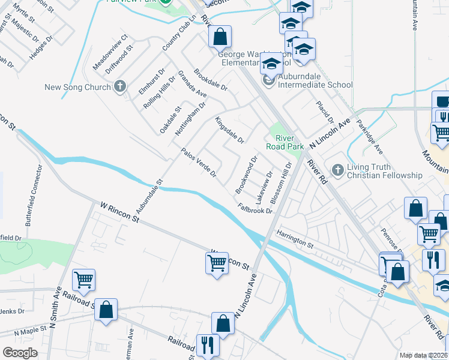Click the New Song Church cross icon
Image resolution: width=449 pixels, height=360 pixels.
pyautogui.click(x=120, y=86)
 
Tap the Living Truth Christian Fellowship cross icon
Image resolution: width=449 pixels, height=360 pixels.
pyautogui.click(x=337, y=171)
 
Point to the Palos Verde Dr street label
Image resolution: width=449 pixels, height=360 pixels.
pyautogui.click(x=199, y=162)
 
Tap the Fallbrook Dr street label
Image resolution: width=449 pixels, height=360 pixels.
pyautogui.click(x=255, y=208)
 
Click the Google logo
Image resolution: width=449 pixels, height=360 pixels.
pyautogui.click(x=20, y=353)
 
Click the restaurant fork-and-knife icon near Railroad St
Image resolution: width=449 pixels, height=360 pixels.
pyautogui.click(x=208, y=344)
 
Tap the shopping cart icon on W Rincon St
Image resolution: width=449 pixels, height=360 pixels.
pyautogui.click(x=216, y=262)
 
